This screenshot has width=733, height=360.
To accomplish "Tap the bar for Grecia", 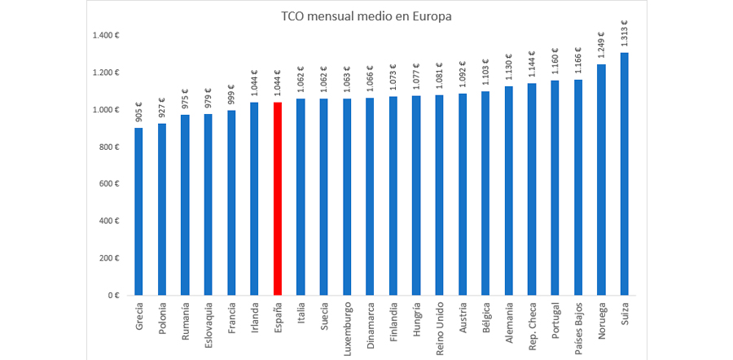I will tap(138, 211).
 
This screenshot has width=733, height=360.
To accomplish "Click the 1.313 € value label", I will tap(624, 33).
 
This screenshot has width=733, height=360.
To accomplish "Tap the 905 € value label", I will tap(138, 112).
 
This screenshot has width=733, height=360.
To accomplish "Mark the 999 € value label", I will tap(231, 96).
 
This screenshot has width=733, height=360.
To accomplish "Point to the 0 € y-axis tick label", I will tap(115, 296).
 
